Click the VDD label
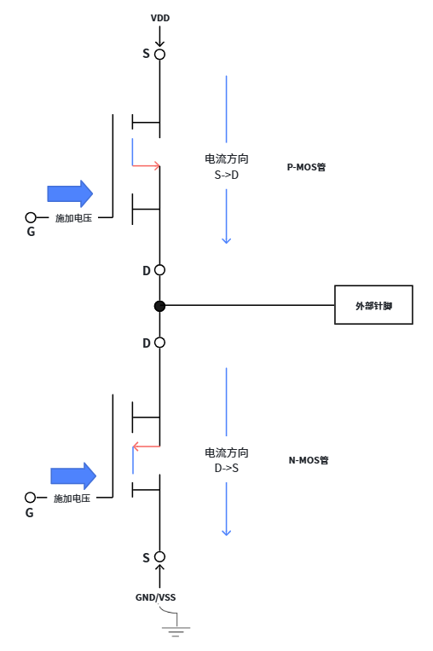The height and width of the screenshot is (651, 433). click(x=160, y=18)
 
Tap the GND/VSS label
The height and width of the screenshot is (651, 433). click(x=156, y=597)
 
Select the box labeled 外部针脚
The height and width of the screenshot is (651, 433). click(x=373, y=305)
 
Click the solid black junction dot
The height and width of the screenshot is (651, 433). click(x=160, y=306)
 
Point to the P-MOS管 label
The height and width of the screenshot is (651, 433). click(x=306, y=167)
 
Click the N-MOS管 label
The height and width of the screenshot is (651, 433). click(x=309, y=460)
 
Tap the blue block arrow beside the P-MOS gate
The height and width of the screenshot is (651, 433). click(x=70, y=193)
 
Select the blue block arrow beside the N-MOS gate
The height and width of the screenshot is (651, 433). click(x=73, y=475)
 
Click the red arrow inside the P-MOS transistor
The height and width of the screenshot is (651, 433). click(x=146, y=165)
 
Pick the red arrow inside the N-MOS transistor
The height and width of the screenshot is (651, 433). click(x=146, y=446)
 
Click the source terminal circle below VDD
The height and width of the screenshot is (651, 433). click(x=160, y=55)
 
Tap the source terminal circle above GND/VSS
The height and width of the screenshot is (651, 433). click(x=160, y=556)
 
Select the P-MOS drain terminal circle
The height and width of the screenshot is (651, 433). click(x=160, y=270)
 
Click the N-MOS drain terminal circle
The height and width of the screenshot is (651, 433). click(x=160, y=343)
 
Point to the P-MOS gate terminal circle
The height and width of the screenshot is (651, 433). click(x=31, y=217)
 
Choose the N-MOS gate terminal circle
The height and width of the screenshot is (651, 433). click(x=30, y=498)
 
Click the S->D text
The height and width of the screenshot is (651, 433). click(x=226, y=176)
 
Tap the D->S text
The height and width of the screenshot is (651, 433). click(x=226, y=469)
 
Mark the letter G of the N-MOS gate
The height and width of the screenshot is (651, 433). click(x=30, y=513)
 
